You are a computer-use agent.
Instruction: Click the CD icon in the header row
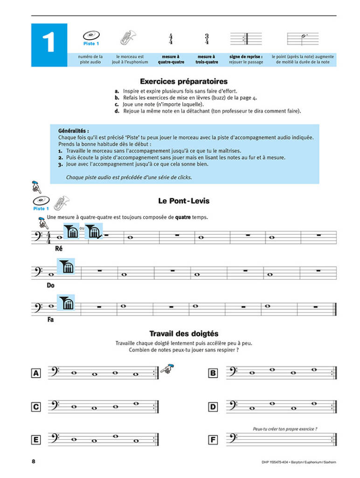click(90, 35)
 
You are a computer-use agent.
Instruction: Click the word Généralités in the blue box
click(74, 131)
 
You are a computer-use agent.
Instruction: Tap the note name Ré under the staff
click(59, 249)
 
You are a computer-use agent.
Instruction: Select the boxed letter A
click(35, 373)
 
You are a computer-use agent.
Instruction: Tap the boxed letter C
click(35, 407)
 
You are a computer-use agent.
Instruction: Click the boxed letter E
click(35, 440)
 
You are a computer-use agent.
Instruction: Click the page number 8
click(33, 462)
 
